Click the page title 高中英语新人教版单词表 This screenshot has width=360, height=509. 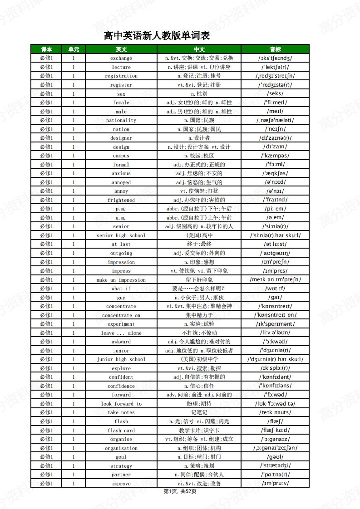157,35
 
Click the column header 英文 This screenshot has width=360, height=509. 121,49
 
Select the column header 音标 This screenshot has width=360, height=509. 275,49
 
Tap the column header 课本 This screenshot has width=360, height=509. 46,49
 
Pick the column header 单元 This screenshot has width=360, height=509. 74,49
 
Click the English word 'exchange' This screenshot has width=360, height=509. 121,58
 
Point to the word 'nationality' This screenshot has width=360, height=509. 121,120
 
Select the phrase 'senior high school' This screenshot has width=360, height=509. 121,235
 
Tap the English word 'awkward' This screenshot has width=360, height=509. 121,342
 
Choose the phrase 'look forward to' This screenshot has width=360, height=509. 121,404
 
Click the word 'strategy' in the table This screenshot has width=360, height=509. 121,466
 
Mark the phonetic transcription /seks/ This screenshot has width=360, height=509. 275,93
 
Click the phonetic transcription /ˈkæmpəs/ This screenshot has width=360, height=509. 275,156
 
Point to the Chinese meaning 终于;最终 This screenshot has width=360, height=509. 199,244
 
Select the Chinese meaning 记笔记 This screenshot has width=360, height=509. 199,412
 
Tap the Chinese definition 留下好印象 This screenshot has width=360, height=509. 199,280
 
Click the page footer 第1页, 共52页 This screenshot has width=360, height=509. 180,491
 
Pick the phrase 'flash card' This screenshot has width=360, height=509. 121,431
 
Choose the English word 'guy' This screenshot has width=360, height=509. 121,298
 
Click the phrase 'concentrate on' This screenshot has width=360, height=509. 121,315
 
